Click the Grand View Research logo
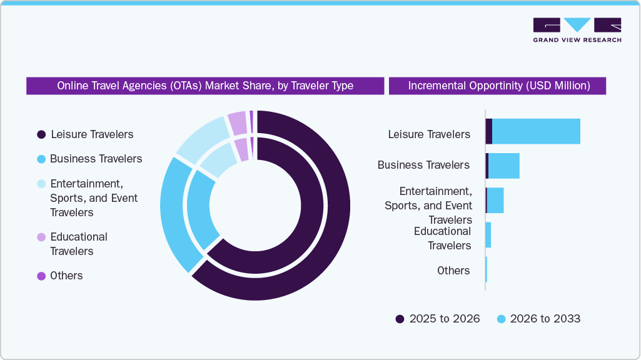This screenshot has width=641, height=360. (577, 30)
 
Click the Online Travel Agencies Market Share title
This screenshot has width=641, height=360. (205, 86)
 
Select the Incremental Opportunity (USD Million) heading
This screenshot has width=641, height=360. (498, 86)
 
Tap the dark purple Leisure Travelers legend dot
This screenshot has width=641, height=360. (41, 134)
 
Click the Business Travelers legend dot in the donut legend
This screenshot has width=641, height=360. (41, 159)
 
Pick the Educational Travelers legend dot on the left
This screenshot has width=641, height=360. (41, 237)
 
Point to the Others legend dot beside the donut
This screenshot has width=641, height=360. (41, 276)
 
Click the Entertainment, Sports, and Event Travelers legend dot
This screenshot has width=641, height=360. (41, 184)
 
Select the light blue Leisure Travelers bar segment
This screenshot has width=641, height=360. (536, 131)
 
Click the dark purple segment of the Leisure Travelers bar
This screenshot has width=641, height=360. (489, 131)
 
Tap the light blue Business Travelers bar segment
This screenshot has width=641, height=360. (503, 166)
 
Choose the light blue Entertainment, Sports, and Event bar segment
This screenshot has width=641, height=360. (495, 200)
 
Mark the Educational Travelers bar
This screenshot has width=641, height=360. (488, 235)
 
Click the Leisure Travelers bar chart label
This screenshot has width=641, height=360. (429, 134)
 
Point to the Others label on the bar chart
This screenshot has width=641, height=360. (453, 271)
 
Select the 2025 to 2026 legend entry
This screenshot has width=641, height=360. (438, 319)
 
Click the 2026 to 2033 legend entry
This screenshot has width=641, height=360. (538, 319)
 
